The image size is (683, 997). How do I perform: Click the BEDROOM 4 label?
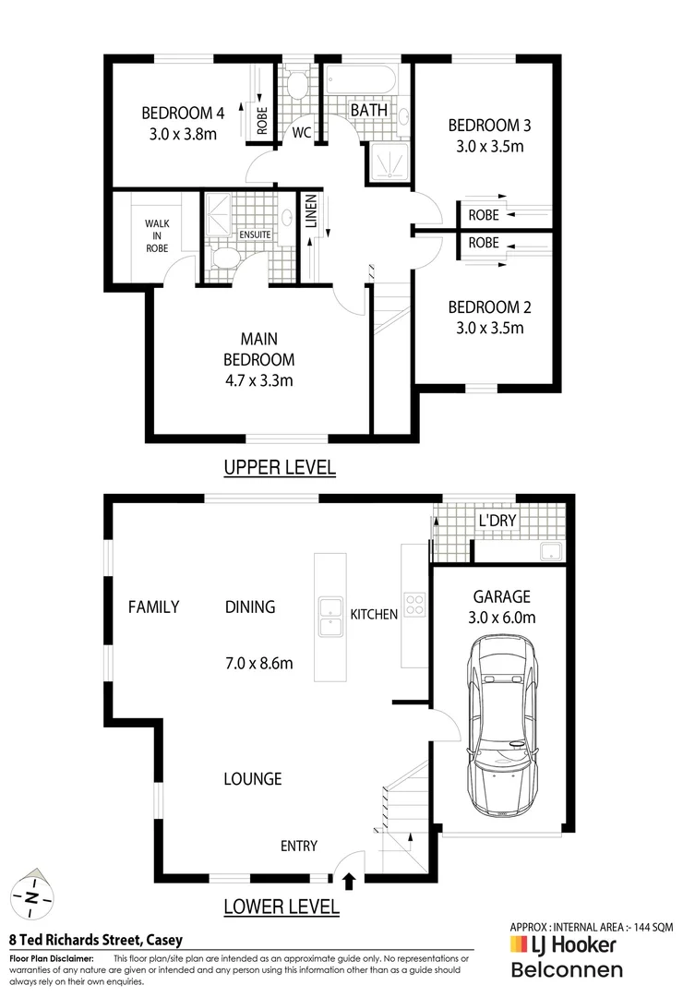(x=183, y=114)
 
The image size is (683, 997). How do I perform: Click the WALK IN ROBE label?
(x=156, y=235)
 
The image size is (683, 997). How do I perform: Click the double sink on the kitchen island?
(x=330, y=617)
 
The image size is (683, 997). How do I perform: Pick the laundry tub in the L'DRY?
(x=551, y=551)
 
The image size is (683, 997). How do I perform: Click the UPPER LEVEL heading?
(x=280, y=468)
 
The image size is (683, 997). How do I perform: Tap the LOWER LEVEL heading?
(x=282, y=907)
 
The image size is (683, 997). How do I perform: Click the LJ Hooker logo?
(x=562, y=945)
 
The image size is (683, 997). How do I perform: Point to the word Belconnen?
(x=566, y=969)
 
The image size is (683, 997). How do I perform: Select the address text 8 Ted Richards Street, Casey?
(x=95, y=941)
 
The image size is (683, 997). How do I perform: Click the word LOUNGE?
(x=252, y=779)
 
